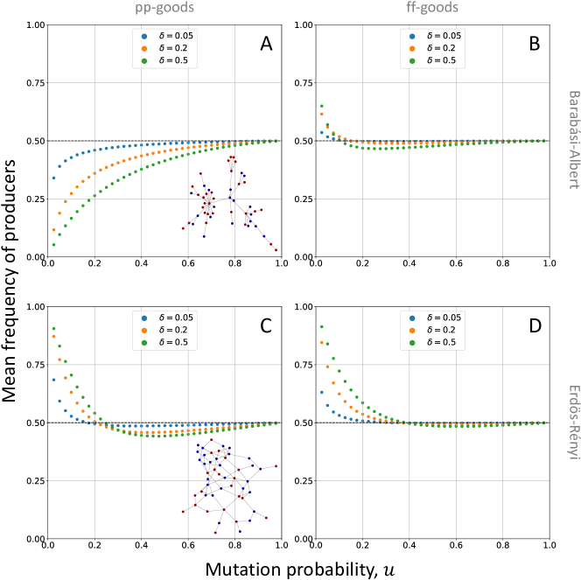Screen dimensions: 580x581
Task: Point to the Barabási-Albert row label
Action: (574, 140)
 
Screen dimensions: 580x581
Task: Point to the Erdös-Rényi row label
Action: (574, 423)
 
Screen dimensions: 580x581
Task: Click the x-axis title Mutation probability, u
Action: (290, 569)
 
